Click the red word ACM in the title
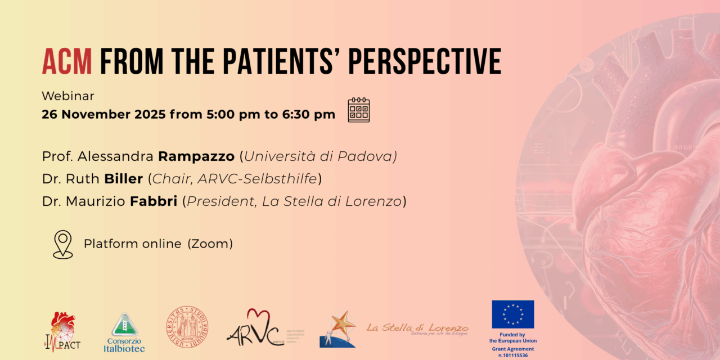pyautogui.click(x=67, y=61)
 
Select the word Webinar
pyautogui.click(x=68, y=96)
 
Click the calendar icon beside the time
pyautogui.click(x=358, y=110)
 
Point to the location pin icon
pyautogui.click(x=63, y=244)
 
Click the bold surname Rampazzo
pyautogui.click(x=196, y=156)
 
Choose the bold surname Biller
pyautogui.click(x=124, y=179)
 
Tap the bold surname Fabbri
pyautogui.click(x=154, y=201)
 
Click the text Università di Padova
pyautogui.click(x=320, y=156)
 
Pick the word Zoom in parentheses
pyautogui.click(x=210, y=244)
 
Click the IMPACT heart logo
pyautogui.click(x=62, y=331)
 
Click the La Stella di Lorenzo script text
pyautogui.click(x=417, y=327)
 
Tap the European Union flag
pyautogui.click(x=512, y=314)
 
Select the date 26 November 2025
pyautogui.click(x=103, y=114)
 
